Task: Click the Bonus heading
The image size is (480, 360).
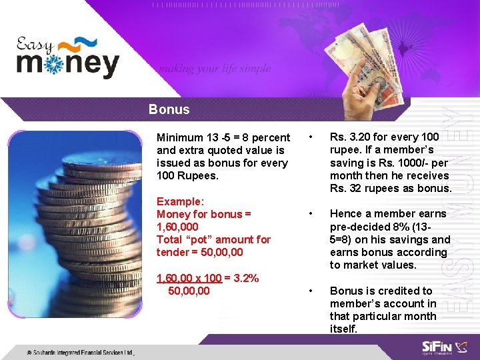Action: point(169,109)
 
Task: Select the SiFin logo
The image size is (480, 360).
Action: point(437,347)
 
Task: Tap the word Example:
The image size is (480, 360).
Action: point(180,201)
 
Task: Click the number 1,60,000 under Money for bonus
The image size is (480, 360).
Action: point(177,227)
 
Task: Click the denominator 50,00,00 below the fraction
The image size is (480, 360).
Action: point(189,291)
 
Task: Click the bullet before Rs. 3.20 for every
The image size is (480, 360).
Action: point(310,137)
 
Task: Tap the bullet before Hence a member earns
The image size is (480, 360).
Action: point(310,214)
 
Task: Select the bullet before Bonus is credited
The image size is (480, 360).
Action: point(310,291)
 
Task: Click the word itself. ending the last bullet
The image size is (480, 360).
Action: point(344,329)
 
